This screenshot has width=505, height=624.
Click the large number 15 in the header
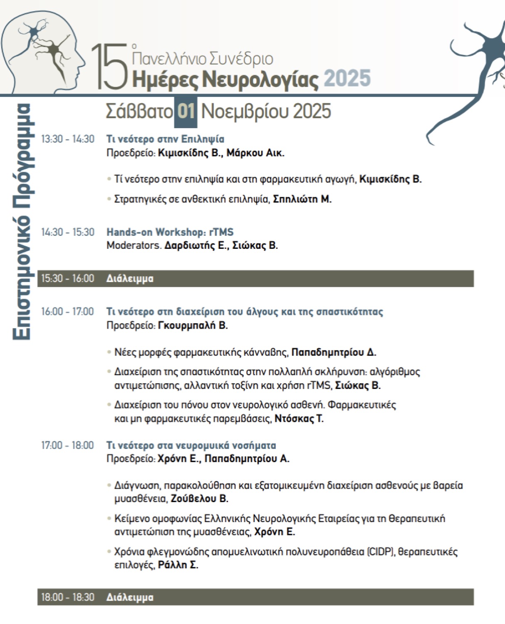tap(109, 67)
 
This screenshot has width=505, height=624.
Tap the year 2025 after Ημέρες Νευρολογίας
tap(347, 79)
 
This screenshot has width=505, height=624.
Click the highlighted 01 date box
tap(186, 111)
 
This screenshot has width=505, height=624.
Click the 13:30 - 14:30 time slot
tap(67, 139)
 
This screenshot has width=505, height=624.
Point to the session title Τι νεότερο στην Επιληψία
tap(165, 139)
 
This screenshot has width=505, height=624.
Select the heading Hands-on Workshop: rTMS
tap(170, 232)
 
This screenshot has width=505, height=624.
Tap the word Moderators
tap(134, 245)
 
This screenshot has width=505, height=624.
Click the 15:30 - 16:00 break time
tap(67, 278)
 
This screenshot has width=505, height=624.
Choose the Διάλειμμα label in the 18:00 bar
tap(130, 597)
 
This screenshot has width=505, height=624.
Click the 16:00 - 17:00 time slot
tap(67, 312)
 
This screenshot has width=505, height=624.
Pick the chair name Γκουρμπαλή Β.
tap(193, 325)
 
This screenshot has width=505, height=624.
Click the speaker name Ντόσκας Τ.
tap(299, 418)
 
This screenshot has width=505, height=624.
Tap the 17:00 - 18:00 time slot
tap(67, 446)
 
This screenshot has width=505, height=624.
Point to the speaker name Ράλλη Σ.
tap(178, 565)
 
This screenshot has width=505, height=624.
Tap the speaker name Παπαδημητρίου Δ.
tap(334, 352)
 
